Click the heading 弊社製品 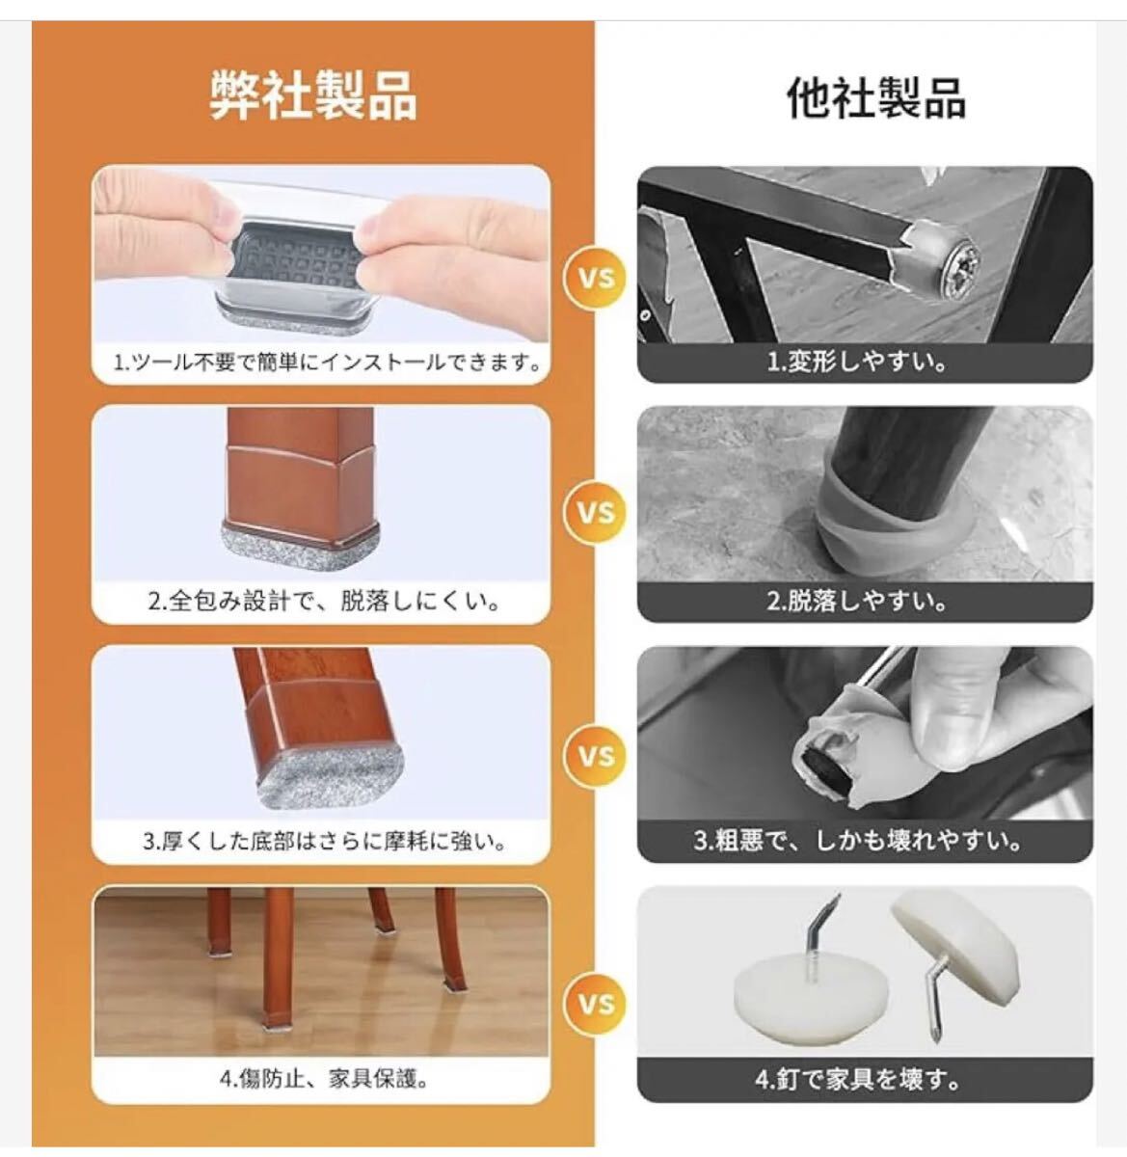pyautogui.click(x=314, y=95)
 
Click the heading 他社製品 pyautogui.click(x=876, y=97)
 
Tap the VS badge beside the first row pyautogui.click(x=596, y=279)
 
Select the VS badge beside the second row pyautogui.click(x=596, y=513)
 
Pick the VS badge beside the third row pyautogui.click(x=596, y=757)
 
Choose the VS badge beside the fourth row pyautogui.click(x=596, y=1005)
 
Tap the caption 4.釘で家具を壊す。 pyautogui.click(x=858, y=1079)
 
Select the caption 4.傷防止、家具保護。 pyautogui.click(x=325, y=1079)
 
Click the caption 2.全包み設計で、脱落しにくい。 pyautogui.click(x=325, y=602)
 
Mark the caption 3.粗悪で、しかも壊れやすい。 pyautogui.click(x=858, y=841)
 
